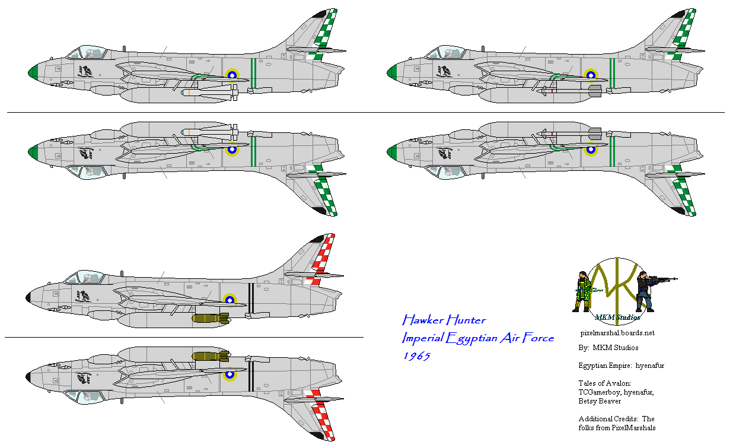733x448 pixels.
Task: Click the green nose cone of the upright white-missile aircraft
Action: point(32,72)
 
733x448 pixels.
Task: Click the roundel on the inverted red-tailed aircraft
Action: point(230,374)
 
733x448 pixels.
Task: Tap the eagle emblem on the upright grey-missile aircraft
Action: point(444,72)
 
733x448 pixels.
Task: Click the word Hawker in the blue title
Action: point(422,320)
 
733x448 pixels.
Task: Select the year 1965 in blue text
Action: point(416,355)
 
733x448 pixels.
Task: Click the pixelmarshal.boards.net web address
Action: point(617,333)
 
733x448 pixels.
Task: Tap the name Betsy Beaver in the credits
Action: point(600,401)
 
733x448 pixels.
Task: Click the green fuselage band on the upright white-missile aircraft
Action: point(254,72)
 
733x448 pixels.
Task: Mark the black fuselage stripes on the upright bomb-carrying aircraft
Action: point(251,297)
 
